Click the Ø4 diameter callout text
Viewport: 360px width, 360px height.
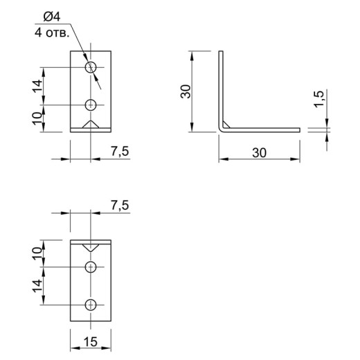(x=52, y=17)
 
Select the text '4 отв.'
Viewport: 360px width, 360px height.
(x=52, y=33)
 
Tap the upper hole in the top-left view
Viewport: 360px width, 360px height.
(x=91, y=67)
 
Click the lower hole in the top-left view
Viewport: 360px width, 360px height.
(x=91, y=105)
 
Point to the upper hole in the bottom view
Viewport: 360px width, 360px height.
(x=91, y=267)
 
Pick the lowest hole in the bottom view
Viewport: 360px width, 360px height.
(x=91, y=305)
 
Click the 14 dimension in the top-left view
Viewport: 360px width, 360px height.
(x=37, y=86)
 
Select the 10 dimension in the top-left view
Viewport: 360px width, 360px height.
(x=37, y=118)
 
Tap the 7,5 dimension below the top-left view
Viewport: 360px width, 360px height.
(x=120, y=152)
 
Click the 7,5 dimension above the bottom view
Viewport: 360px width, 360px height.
(x=120, y=206)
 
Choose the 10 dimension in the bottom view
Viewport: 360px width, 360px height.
(x=37, y=253)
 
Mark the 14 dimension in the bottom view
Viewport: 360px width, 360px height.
(x=37, y=286)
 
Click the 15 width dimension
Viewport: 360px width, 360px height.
(x=91, y=342)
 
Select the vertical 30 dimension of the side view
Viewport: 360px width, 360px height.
(x=186, y=91)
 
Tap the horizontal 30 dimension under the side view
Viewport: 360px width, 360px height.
(x=259, y=153)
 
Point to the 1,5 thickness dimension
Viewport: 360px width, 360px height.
(x=318, y=99)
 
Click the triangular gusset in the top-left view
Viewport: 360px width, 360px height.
(x=91, y=125)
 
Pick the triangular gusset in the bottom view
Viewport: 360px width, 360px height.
(x=91, y=248)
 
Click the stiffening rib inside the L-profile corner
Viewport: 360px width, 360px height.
(x=226, y=125)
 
